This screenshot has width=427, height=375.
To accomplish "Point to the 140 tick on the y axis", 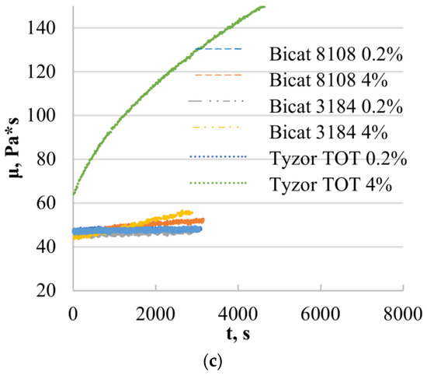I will click(x=50, y=28).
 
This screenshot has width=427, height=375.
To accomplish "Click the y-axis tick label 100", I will click(x=50, y=115).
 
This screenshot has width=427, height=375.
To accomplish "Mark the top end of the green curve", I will click(x=264, y=7).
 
